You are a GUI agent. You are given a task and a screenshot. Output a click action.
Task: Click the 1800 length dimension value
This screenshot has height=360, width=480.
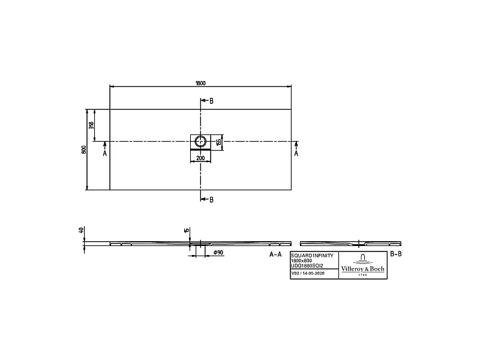200,83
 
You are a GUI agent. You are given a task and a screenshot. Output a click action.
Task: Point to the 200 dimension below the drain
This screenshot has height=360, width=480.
200,158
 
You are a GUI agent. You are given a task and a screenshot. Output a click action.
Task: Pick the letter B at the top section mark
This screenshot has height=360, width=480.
211,101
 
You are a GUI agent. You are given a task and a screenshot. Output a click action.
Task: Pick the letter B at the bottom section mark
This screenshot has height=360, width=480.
211,200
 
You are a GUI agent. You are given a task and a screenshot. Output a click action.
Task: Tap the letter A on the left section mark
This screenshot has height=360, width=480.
105,154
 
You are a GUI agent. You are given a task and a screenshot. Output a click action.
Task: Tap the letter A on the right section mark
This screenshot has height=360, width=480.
296,154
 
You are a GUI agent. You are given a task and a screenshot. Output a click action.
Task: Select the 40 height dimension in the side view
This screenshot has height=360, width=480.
81,230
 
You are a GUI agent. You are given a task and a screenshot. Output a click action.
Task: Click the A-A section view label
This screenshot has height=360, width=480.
275,254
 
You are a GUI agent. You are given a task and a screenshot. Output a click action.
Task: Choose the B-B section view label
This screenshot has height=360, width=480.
396,254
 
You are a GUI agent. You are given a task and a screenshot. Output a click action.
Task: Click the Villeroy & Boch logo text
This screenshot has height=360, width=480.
362,269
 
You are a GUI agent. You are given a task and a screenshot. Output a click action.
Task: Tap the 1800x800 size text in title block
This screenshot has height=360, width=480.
301,260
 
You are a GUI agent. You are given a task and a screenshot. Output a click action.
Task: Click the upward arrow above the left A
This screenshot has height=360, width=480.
105,144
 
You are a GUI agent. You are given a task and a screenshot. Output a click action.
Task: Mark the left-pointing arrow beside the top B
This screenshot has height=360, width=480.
203,101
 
